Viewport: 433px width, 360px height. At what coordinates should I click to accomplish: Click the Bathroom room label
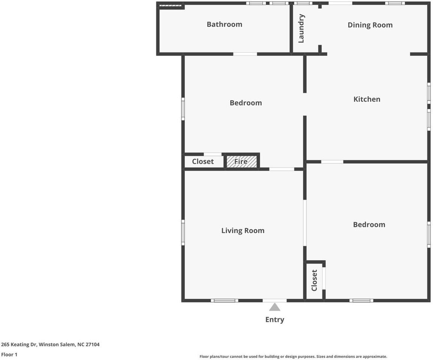225,24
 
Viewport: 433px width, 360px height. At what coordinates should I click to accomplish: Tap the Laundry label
301,28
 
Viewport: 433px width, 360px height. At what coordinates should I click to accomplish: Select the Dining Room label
370,25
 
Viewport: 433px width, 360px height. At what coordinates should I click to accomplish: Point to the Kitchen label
367,99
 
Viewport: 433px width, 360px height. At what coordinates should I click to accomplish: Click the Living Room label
243,231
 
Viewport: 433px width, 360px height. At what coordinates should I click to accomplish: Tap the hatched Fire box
242,162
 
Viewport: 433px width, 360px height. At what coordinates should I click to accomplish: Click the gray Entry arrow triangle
274,307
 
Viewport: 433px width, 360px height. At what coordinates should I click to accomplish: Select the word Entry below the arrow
275,319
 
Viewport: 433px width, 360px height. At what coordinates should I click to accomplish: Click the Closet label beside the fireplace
203,161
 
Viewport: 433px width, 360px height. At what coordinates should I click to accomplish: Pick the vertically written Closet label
314,280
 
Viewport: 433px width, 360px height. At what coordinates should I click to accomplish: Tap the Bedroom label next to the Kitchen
246,103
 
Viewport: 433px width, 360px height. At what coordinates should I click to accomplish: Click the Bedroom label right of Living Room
369,225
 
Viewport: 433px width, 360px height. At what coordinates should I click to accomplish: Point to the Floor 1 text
9,354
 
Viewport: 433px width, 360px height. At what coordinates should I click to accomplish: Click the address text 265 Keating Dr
19,345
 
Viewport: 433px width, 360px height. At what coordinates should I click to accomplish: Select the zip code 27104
93,345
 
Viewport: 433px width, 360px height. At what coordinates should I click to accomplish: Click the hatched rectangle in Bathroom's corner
170,5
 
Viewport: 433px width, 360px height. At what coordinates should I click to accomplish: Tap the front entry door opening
274,300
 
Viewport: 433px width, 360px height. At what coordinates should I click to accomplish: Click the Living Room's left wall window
183,232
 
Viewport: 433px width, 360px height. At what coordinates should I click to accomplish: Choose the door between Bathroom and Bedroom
245,54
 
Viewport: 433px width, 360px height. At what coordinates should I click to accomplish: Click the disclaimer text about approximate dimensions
293,357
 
